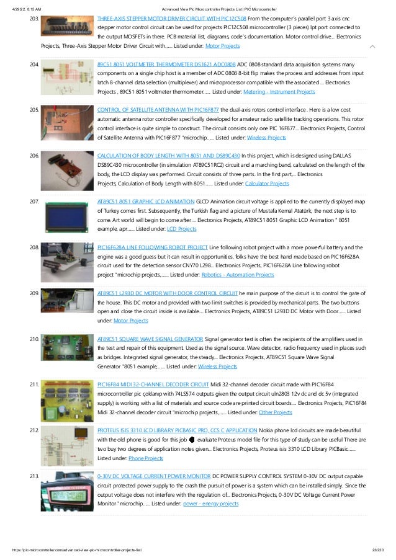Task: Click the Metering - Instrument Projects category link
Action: tap(281, 92)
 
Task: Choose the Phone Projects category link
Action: tap(146, 458)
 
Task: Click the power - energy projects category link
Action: tap(210, 504)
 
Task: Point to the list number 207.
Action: tap(34, 201)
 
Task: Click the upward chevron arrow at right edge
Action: tap(372, 47)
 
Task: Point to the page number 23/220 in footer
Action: tap(376, 550)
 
